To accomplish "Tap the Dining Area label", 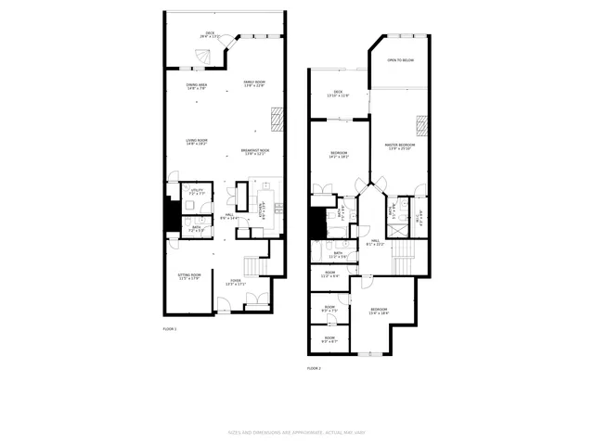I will [197, 86].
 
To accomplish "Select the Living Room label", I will [197, 142].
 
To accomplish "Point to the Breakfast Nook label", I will [255, 152].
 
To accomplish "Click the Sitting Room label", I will [189, 276].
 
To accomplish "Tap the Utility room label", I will [197, 193].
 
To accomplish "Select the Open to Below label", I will [400, 60].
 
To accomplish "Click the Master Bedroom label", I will [400, 146].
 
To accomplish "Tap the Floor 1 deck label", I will [211, 35].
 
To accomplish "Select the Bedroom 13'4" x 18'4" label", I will [380, 311].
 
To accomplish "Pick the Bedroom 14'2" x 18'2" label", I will [338, 155].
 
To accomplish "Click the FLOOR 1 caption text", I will [170, 329].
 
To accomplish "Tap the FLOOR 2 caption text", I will [314, 368].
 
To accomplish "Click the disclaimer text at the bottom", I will [297, 432].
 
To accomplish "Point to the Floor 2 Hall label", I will [376, 243].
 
